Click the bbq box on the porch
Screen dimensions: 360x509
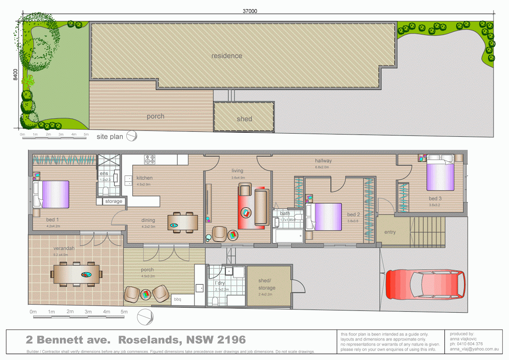(177, 300)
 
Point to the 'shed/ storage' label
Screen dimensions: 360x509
(267, 285)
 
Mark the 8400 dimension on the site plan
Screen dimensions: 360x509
(15, 75)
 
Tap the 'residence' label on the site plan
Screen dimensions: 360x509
(227, 56)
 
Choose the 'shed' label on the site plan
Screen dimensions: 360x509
(244, 119)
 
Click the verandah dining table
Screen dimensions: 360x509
(77, 274)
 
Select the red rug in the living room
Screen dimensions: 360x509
(245, 207)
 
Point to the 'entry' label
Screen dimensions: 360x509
(390, 232)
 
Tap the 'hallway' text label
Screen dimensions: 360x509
(323, 160)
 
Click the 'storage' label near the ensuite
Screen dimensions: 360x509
(114, 201)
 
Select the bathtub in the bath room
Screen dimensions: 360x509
(288, 235)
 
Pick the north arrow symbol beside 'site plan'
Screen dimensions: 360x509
(131, 136)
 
